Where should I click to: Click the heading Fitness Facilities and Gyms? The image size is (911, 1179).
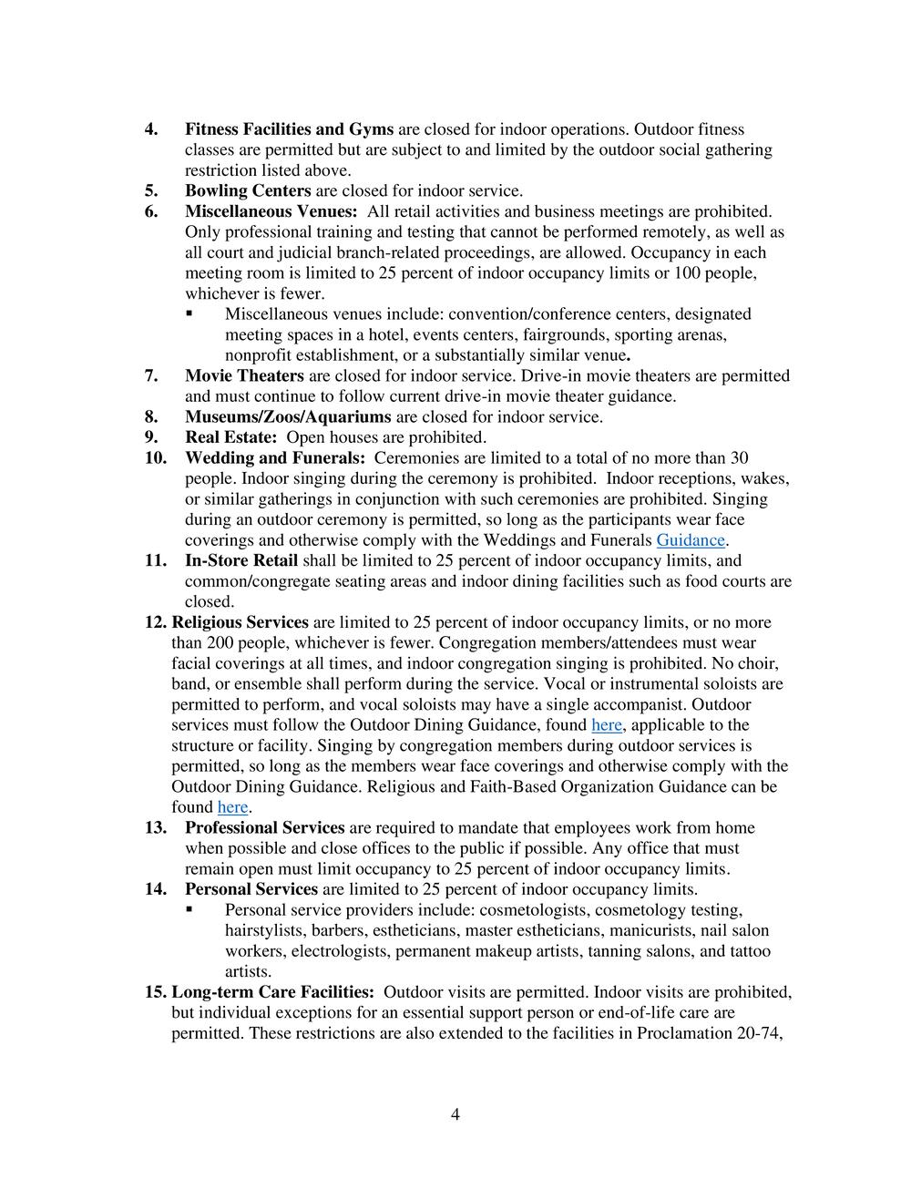[289, 129]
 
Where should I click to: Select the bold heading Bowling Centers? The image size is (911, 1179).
[248, 190]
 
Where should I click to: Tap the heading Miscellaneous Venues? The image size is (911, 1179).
[271, 211]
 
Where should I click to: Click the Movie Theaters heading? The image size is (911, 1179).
[244, 375]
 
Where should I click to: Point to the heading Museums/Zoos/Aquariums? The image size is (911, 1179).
[288, 416]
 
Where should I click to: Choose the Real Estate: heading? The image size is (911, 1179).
[230, 437]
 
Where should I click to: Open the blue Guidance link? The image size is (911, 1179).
[691, 540]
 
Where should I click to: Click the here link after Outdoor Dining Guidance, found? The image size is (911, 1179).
[607, 725]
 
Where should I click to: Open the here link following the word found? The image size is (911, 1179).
[232, 807]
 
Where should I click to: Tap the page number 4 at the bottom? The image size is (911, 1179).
[455, 1114]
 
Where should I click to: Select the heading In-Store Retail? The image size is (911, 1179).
[241, 560]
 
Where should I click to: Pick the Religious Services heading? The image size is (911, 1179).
[240, 622]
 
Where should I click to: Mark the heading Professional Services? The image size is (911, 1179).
[264, 827]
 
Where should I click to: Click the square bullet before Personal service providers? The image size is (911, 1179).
[189, 909]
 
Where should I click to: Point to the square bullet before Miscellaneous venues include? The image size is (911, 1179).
[189, 313]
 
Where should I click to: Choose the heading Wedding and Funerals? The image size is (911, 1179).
[274, 457]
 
